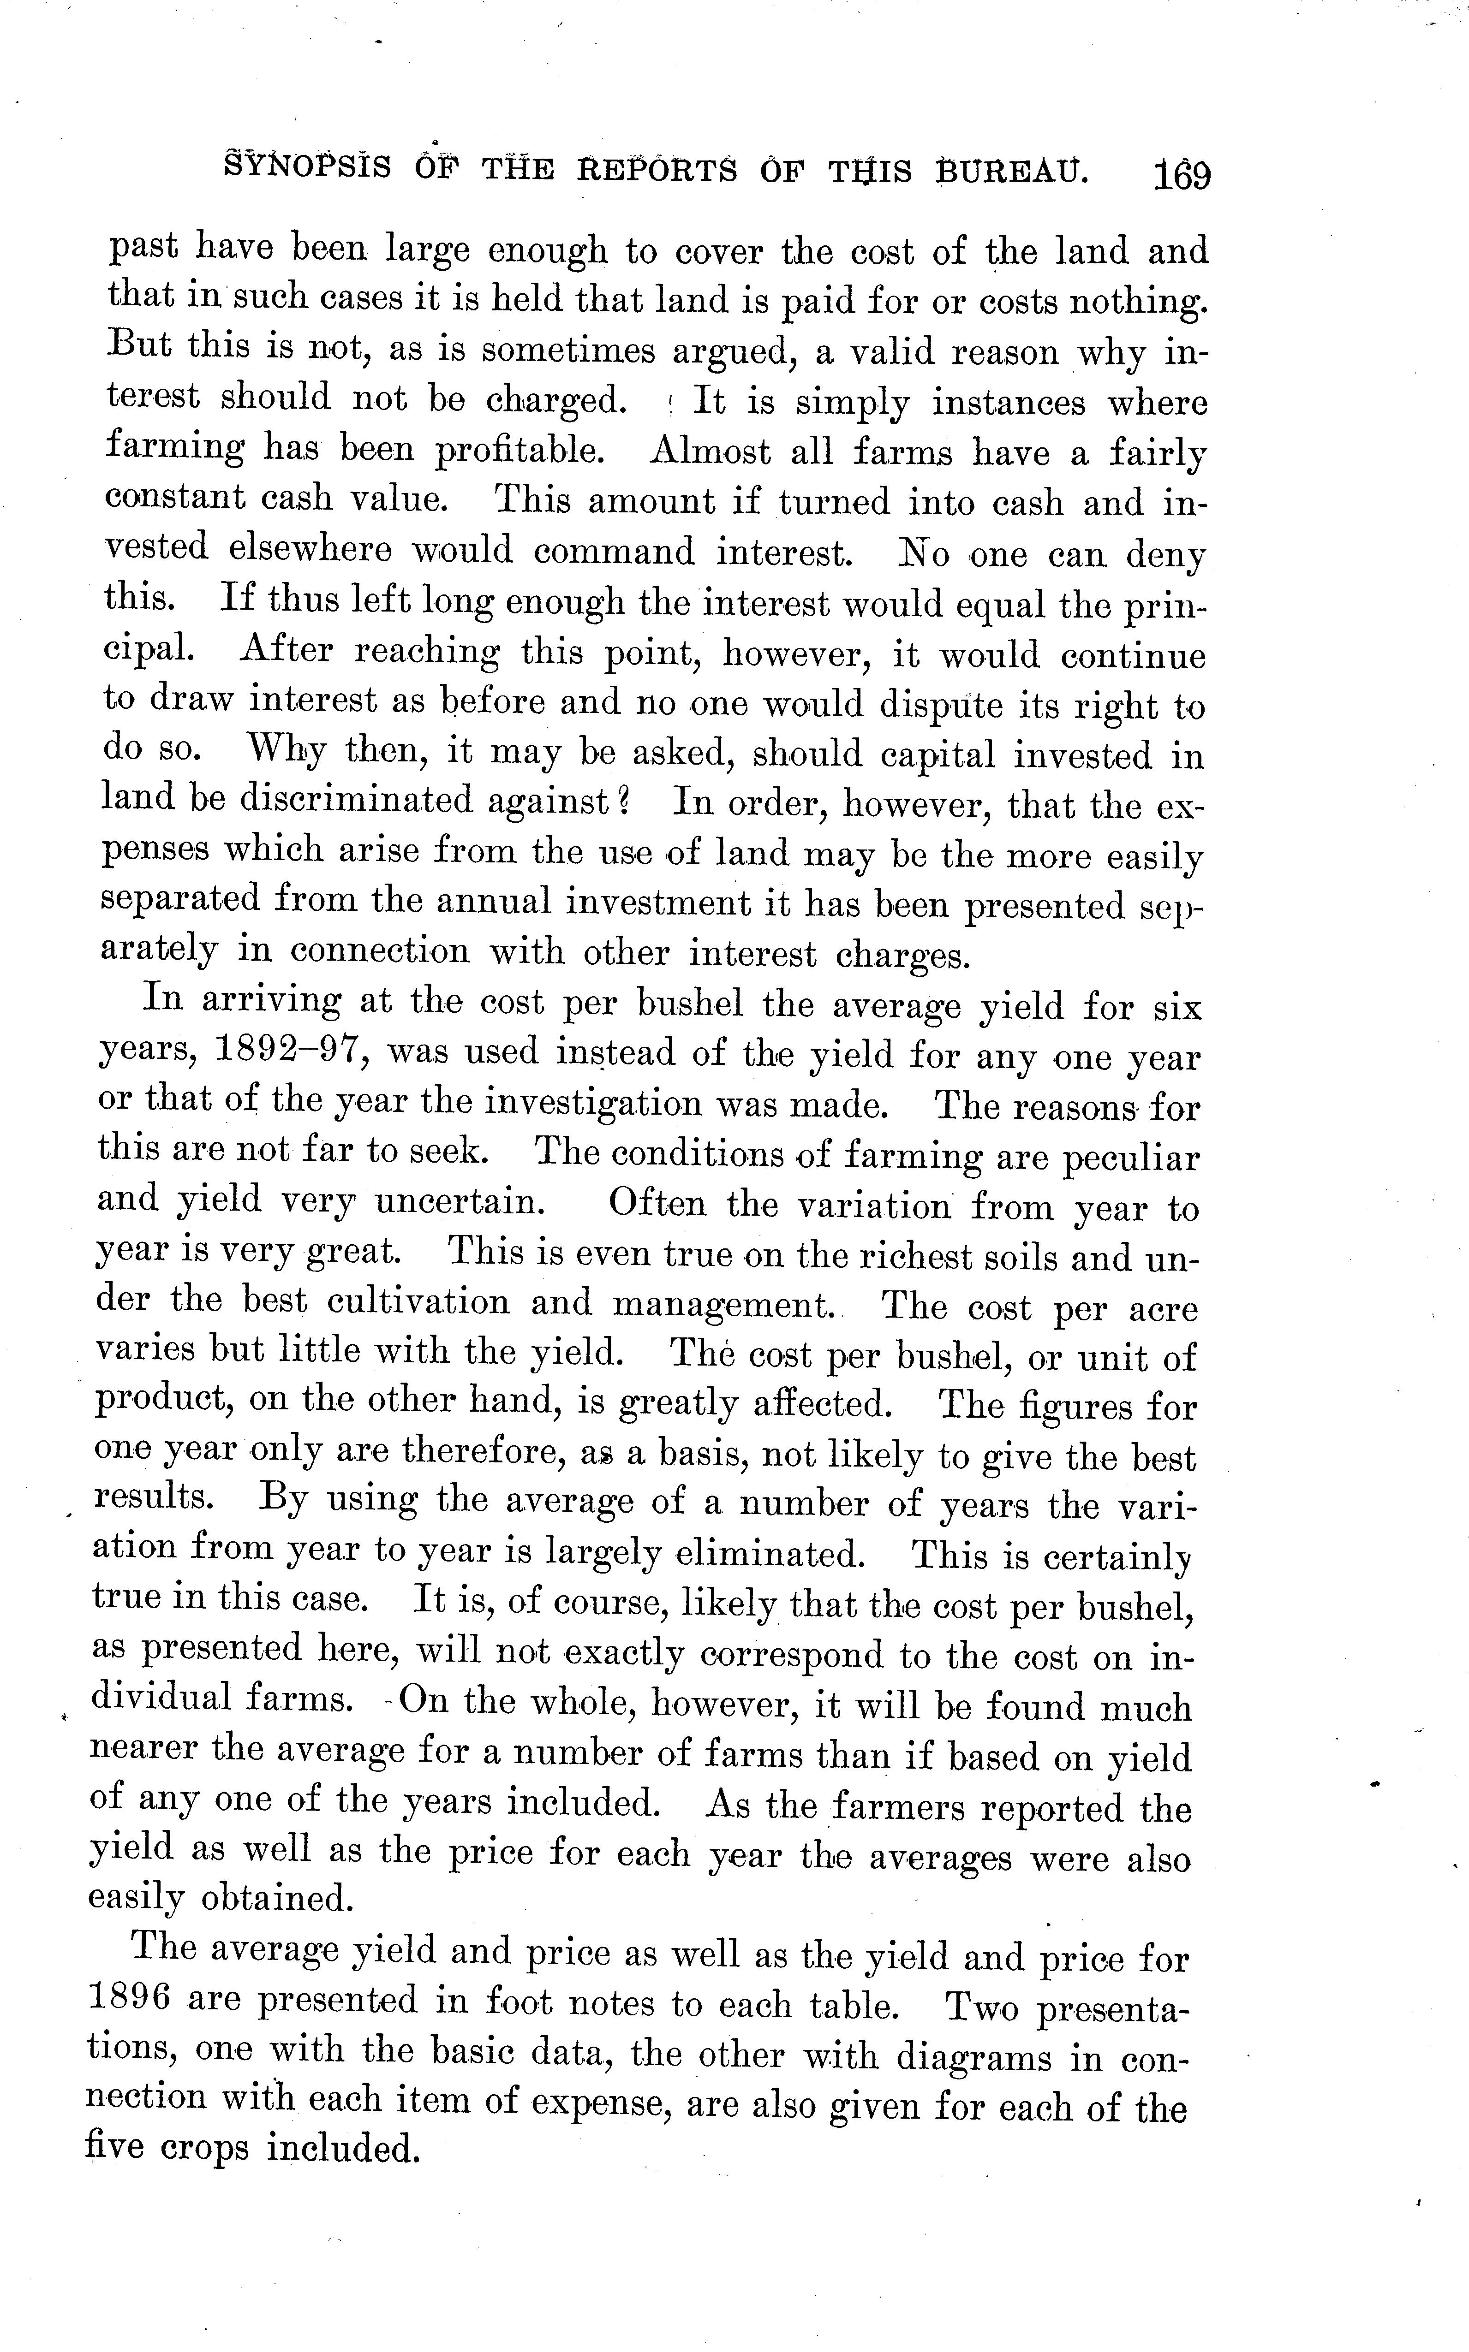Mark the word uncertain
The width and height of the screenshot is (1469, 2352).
(x=459, y=1202)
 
